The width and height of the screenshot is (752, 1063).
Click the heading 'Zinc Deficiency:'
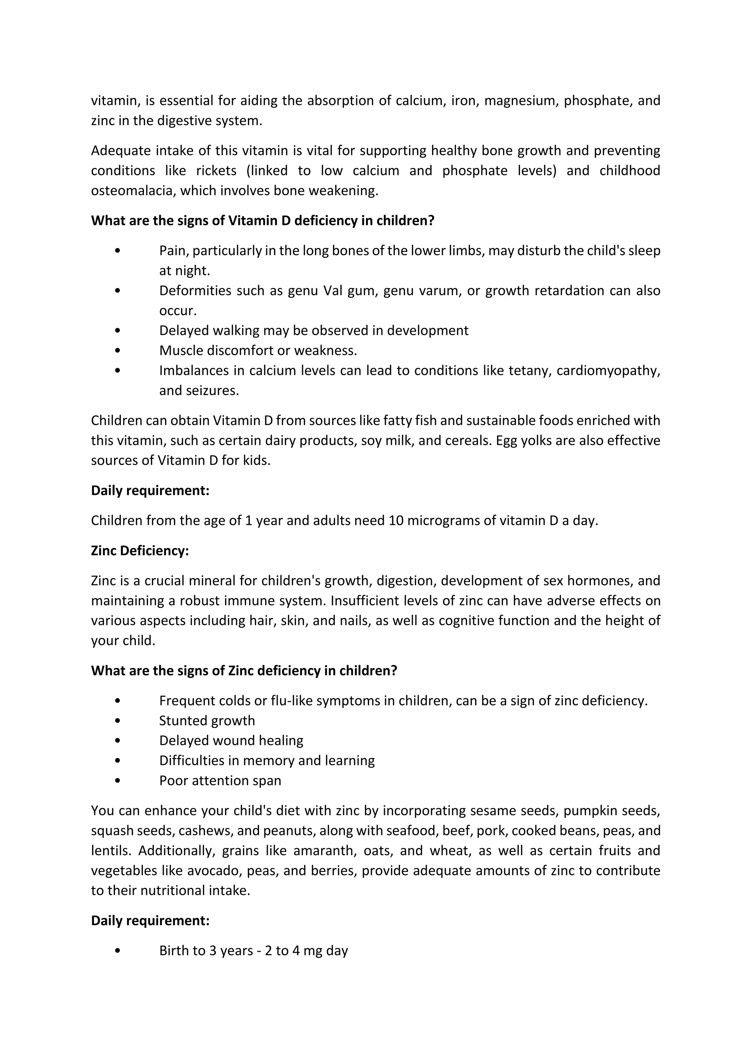(x=140, y=551)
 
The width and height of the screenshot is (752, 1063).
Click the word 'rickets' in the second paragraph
(x=216, y=170)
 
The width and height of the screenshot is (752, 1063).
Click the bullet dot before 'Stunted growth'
(x=117, y=721)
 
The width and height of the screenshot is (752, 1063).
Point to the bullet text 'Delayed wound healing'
(x=231, y=740)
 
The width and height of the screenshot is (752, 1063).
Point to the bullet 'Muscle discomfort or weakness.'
(x=258, y=351)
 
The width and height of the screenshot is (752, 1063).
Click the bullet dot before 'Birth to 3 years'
(x=117, y=951)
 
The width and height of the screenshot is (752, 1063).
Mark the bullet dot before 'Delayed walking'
(x=117, y=331)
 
